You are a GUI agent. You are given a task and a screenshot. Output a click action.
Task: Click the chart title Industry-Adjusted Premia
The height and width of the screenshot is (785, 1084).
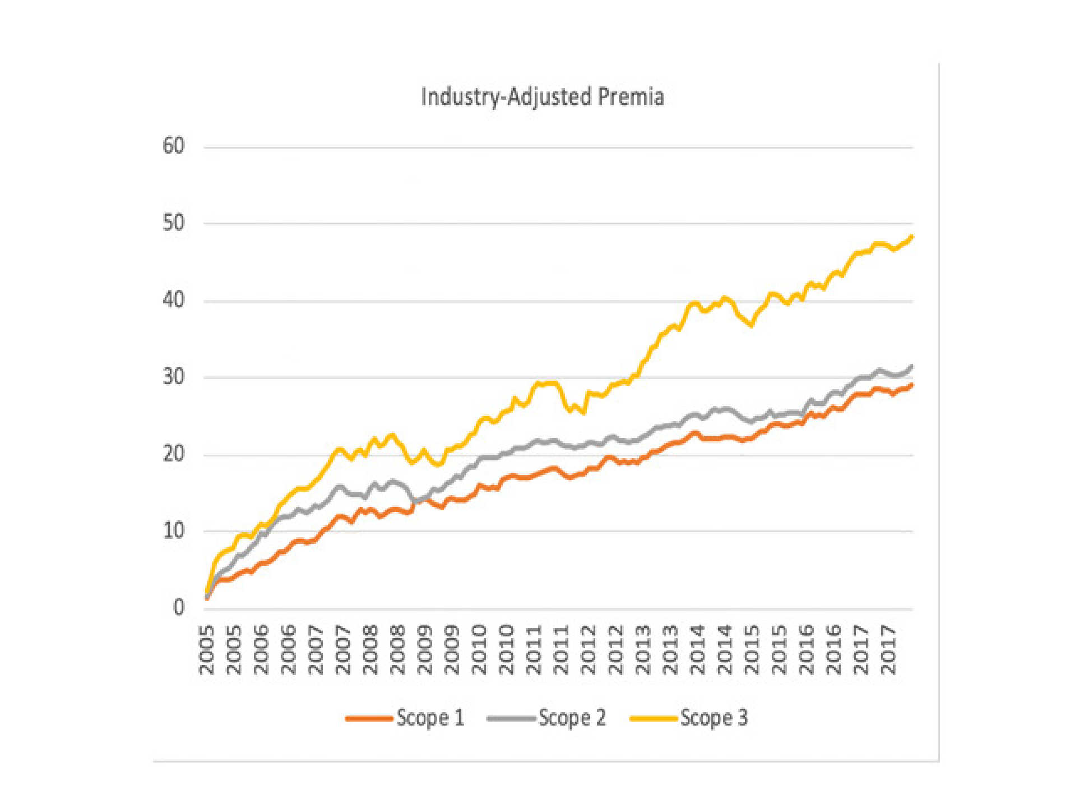tap(543, 96)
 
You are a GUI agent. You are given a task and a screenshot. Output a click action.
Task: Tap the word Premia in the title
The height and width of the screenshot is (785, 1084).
tap(631, 96)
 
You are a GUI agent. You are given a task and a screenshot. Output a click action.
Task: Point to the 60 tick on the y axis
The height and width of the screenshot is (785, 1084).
tap(173, 146)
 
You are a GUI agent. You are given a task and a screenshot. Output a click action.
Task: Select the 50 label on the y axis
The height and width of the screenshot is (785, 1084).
tap(173, 223)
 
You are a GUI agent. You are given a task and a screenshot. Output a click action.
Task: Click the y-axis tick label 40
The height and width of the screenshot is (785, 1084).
tap(173, 300)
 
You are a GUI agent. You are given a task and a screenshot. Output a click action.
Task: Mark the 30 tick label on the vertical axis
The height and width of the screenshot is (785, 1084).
tap(173, 377)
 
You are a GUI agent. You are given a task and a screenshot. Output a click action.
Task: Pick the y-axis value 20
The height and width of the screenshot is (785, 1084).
tap(173, 454)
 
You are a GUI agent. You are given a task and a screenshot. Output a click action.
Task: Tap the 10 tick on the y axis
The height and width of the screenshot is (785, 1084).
tap(173, 530)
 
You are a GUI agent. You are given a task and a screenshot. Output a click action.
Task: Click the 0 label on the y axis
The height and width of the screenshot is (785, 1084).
tap(179, 607)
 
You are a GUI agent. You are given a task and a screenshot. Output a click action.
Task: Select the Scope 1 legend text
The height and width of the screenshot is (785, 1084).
tap(430, 718)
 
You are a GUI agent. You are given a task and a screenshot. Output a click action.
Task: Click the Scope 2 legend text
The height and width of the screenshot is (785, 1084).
tap(572, 718)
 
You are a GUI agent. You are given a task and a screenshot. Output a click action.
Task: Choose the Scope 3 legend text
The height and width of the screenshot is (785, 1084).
tap(714, 718)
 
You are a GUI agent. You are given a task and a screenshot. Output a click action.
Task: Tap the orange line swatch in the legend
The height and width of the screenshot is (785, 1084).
tap(369, 718)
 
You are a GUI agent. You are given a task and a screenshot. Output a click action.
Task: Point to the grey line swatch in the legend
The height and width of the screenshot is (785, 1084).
tap(511, 718)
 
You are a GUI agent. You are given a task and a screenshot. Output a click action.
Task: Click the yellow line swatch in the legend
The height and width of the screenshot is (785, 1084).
tap(653, 718)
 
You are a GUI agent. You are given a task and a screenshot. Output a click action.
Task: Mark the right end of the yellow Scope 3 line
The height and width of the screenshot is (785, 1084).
tap(912, 237)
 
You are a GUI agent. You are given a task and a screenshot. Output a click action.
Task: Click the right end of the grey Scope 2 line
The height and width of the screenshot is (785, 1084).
tap(912, 366)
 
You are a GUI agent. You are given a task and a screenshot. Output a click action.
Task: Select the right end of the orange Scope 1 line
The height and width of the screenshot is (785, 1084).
tap(912, 385)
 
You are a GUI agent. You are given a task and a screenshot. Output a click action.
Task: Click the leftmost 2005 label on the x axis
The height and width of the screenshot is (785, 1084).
tap(207, 649)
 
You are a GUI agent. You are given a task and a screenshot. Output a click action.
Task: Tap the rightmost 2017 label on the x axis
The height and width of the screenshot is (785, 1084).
tap(888, 649)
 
